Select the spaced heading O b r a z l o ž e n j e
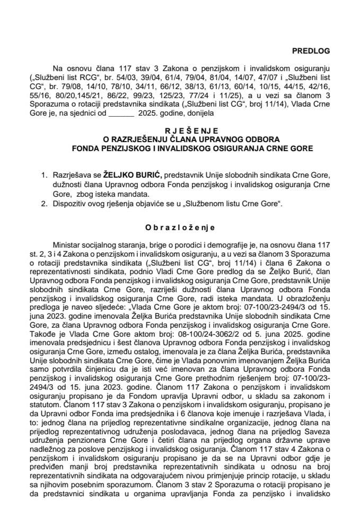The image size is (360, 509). (x=180, y=227)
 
